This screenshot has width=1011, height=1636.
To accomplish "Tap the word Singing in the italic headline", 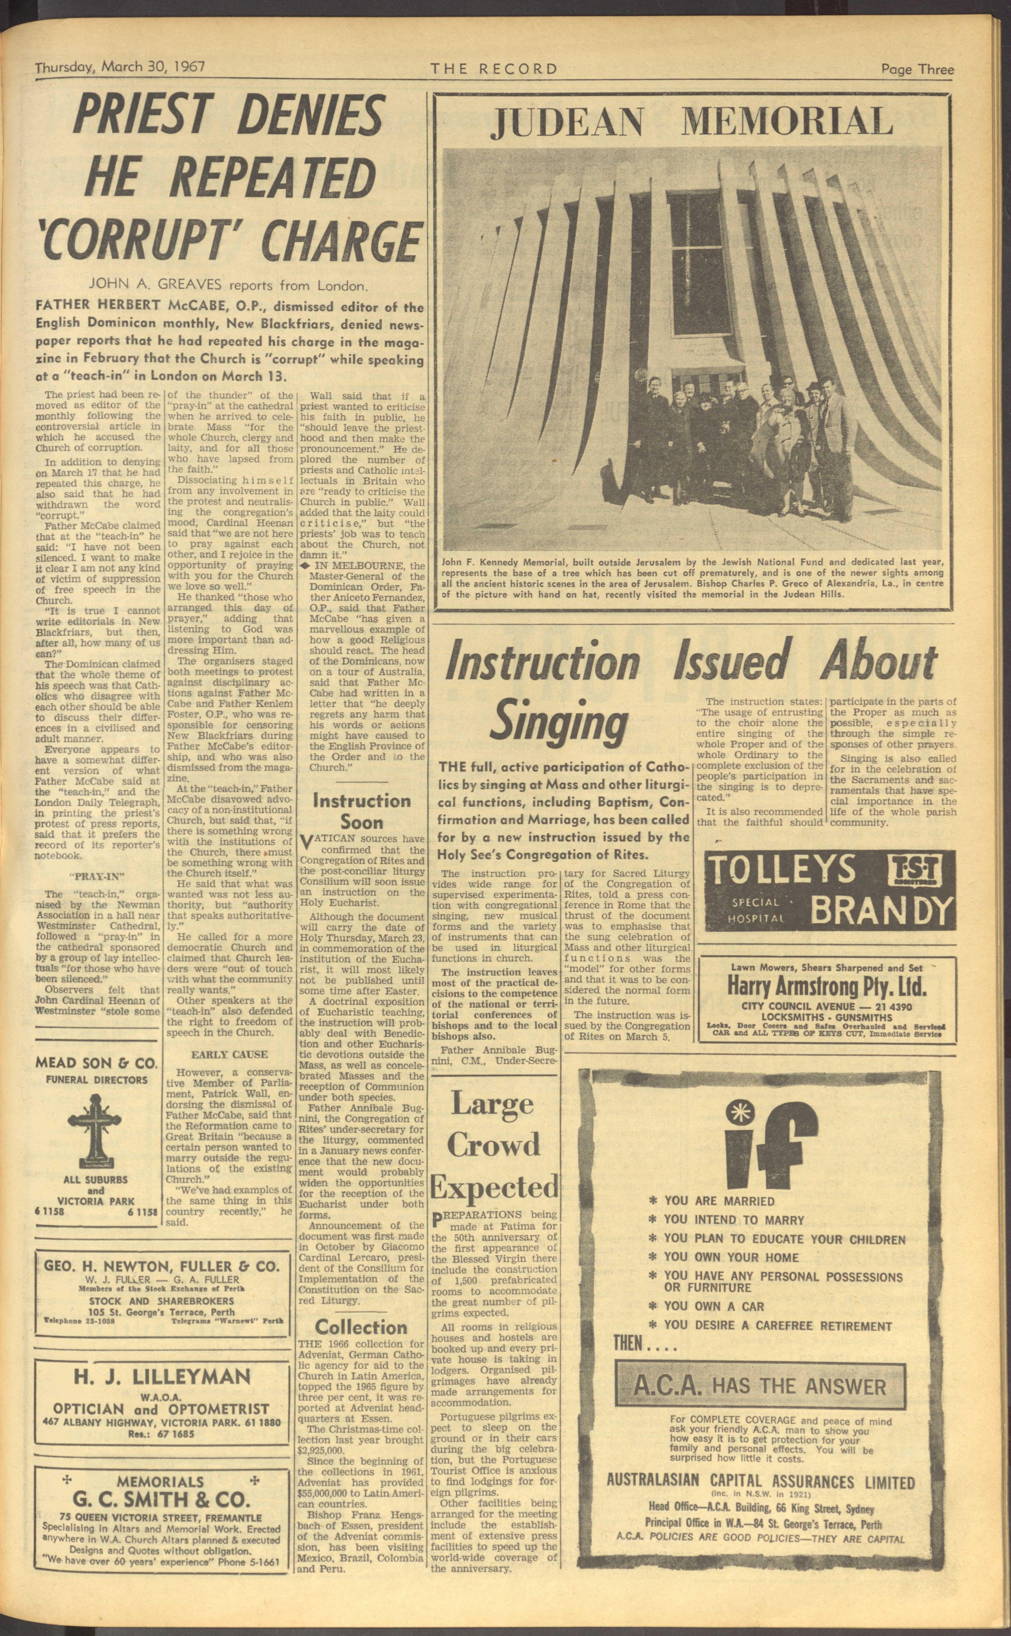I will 560,723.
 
